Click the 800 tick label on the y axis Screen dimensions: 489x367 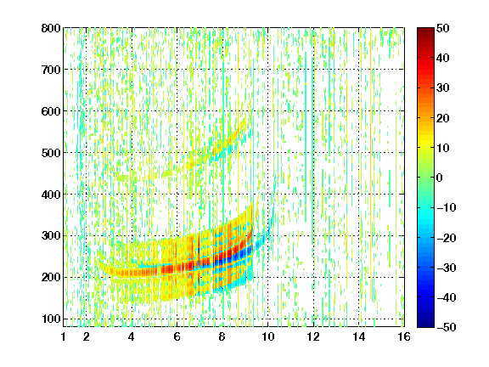pos(51,28)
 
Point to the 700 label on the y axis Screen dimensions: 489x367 pos(51,70)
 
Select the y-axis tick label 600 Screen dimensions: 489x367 pos(51,111)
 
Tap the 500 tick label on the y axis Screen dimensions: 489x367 pos(51,153)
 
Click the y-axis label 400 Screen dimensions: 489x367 pos(51,195)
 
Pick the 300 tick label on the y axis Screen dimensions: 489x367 pos(51,235)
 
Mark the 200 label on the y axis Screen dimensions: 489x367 pos(51,277)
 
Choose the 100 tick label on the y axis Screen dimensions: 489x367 pos(51,319)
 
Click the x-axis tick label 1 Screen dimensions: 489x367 pos(64,336)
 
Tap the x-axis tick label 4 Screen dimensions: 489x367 pos(131,336)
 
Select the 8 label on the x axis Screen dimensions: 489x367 pos(222,336)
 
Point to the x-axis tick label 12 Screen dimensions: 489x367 pos(313,336)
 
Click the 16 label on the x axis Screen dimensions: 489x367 pos(404,336)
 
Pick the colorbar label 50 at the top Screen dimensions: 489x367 pos(442,28)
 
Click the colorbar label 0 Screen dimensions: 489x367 pos(440,178)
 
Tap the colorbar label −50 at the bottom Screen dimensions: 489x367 pos(447,327)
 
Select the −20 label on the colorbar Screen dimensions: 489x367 pos(447,238)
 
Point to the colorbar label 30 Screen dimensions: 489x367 pos(442,88)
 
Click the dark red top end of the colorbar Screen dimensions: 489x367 pos(425,30)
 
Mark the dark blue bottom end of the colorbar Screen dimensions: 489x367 pos(425,325)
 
